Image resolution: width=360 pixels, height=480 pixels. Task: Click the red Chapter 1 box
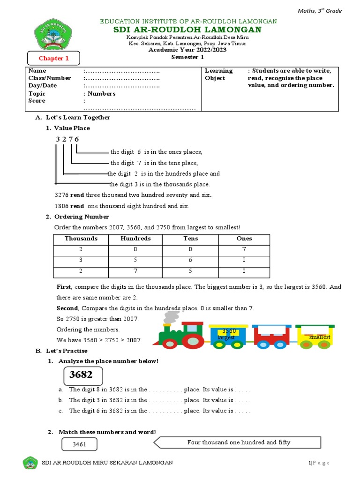coord(54,59)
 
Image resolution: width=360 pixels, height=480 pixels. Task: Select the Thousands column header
coord(81,239)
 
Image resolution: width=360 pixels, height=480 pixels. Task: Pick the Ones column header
coord(244,239)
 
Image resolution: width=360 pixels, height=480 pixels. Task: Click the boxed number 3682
coord(82,375)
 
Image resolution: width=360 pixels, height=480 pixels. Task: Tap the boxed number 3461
coord(79,444)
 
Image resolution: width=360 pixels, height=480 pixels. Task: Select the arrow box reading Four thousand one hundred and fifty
coord(238,442)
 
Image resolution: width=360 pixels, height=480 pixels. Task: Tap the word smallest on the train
coord(320,337)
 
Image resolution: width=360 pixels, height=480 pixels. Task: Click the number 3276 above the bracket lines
coord(67,139)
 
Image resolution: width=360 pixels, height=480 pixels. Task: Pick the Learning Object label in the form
coord(218,74)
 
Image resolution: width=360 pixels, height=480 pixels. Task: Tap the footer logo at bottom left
coord(30,463)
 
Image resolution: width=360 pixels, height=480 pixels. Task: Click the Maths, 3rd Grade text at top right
coord(321,11)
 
